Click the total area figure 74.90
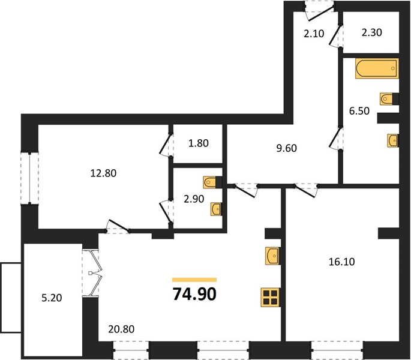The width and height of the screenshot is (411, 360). [x=194, y=294]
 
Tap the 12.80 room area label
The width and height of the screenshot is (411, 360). [x=103, y=173]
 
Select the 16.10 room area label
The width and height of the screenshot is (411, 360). [x=342, y=262]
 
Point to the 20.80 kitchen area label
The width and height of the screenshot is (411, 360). [x=121, y=329]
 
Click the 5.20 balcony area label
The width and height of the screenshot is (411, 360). [x=52, y=298]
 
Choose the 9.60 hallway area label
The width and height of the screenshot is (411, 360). [x=287, y=148]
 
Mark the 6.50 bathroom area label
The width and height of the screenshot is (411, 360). [x=359, y=111]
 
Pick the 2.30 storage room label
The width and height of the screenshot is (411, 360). [x=371, y=32]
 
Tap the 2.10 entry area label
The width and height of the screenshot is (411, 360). [x=314, y=34]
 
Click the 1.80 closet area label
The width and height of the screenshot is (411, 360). [x=199, y=143]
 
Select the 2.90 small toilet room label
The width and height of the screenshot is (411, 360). [x=194, y=199]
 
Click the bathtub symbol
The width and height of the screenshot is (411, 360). [x=377, y=68]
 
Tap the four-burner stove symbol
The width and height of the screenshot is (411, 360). [x=271, y=297]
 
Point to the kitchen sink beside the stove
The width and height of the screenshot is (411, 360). [x=272, y=256]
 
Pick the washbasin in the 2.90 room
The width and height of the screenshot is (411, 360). [x=216, y=209]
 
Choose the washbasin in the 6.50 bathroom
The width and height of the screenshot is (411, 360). [x=393, y=140]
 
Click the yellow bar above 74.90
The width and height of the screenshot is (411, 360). [x=194, y=280]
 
